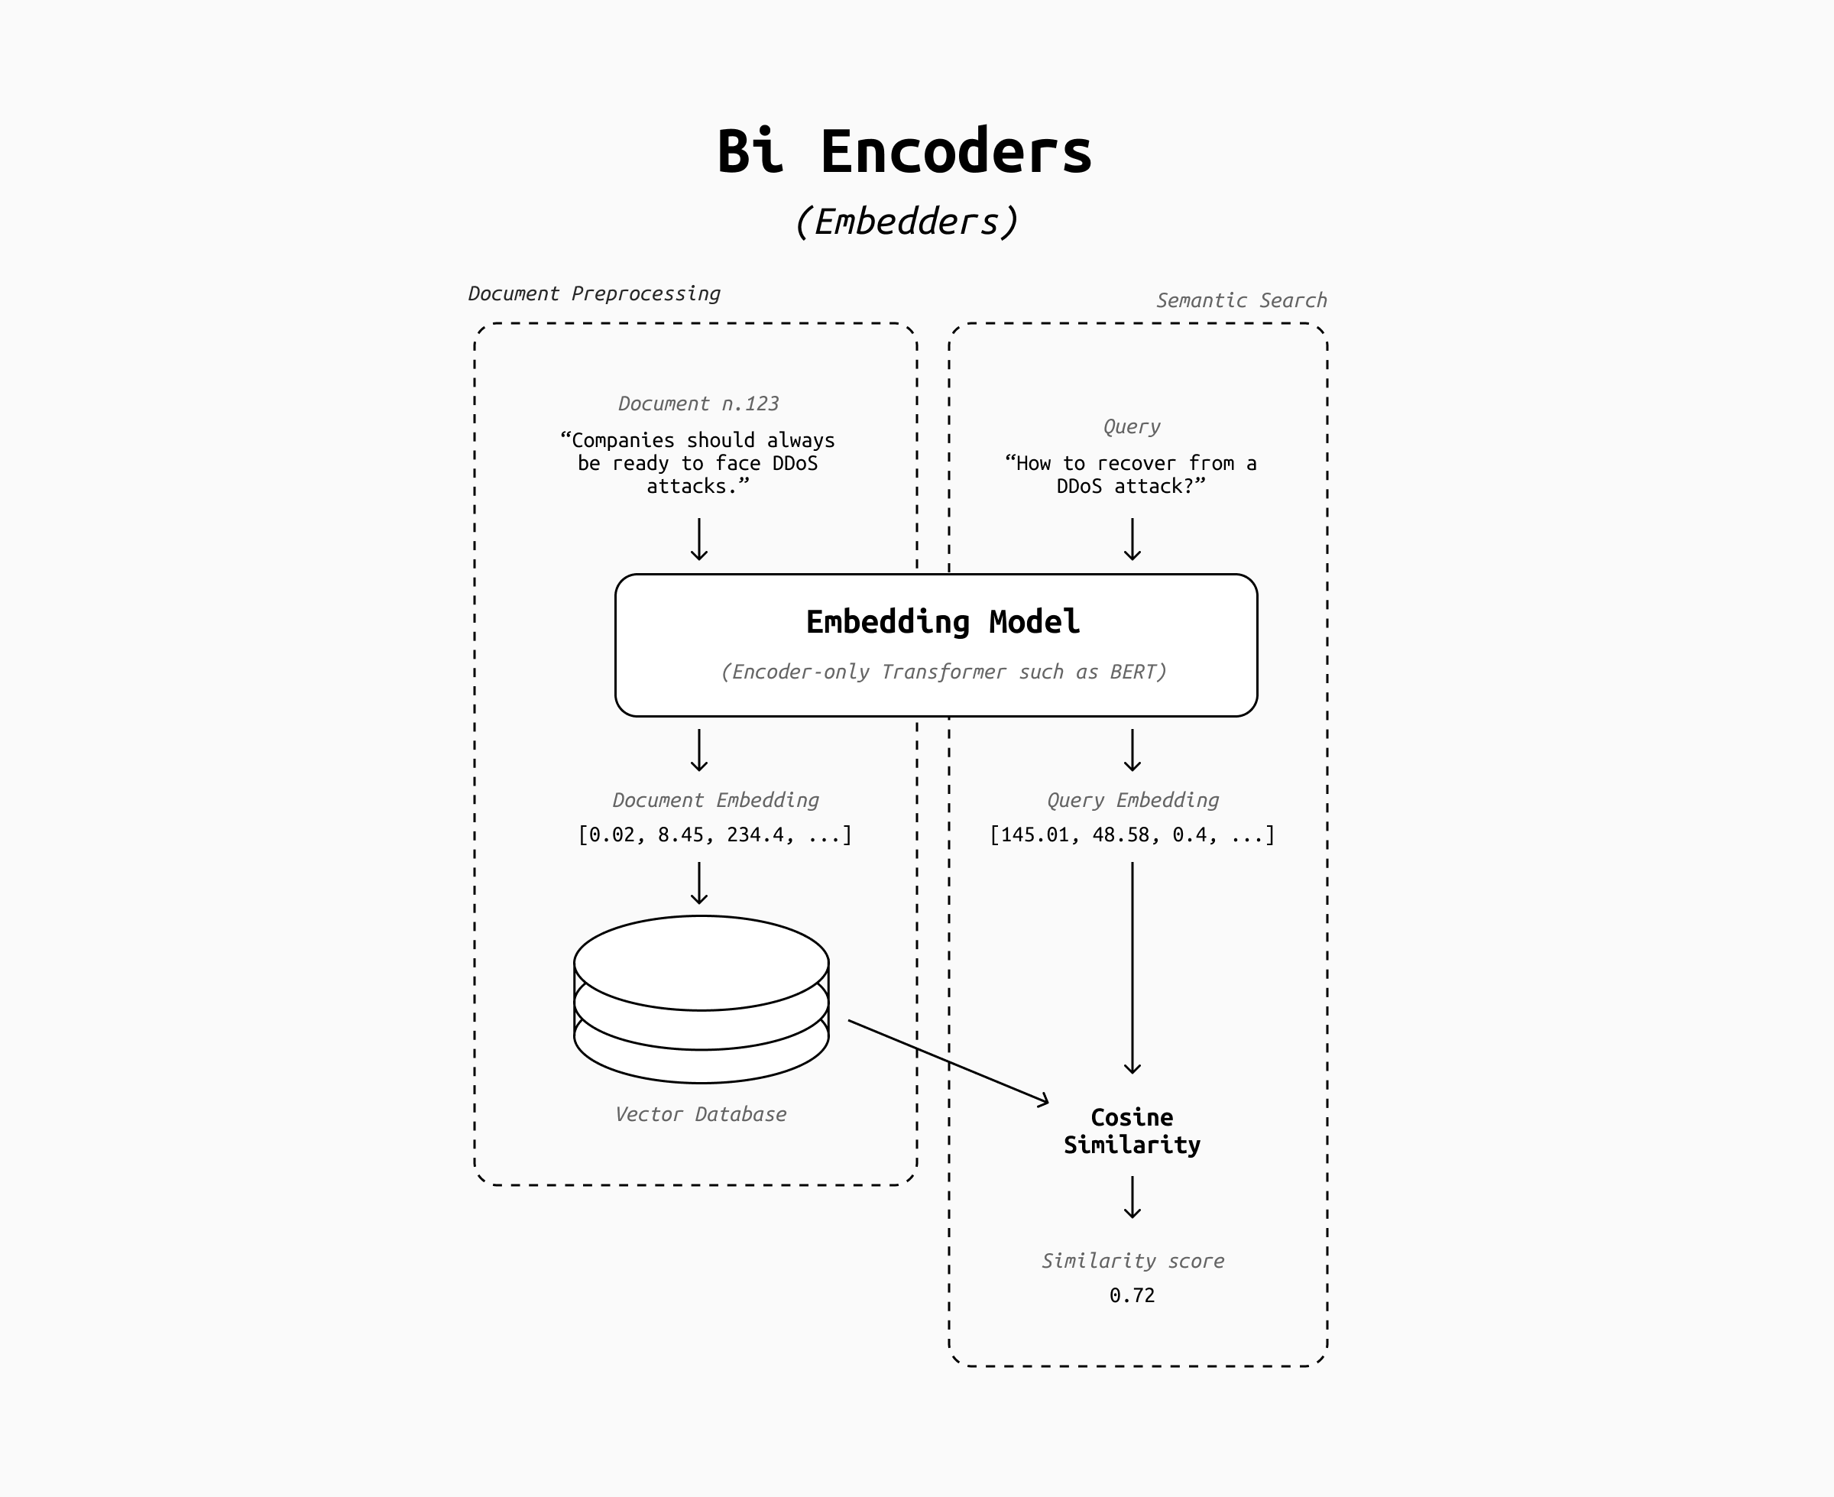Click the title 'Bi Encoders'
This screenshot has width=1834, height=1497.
click(x=905, y=152)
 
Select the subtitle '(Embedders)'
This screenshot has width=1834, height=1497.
click(x=906, y=222)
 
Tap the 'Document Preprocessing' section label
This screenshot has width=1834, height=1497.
click(x=593, y=294)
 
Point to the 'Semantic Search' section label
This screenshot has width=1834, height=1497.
click(x=1241, y=301)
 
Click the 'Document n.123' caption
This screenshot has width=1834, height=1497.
click(x=698, y=403)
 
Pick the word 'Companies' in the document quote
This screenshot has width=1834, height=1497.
click(x=623, y=441)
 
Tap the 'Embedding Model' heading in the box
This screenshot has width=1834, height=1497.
click(x=941, y=622)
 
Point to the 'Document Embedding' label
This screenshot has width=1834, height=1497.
click(x=714, y=800)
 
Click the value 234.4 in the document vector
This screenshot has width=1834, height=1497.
click(x=755, y=834)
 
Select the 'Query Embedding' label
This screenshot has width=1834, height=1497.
click(x=1132, y=800)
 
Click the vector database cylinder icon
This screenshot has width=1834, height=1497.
click(x=701, y=999)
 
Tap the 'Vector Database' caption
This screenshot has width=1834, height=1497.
click(x=700, y=1114)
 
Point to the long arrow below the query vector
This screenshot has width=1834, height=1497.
click(x=1132, y=966)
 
